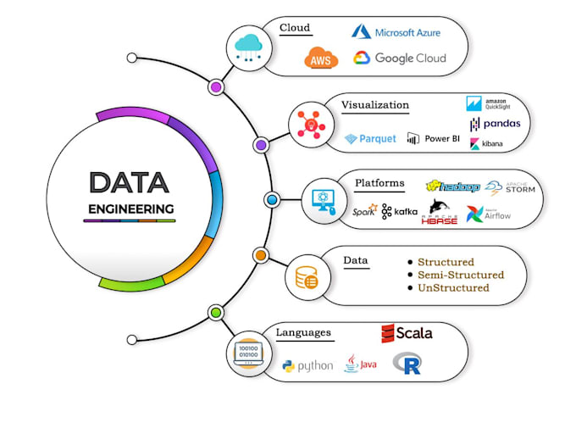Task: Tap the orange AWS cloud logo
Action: [322, 58]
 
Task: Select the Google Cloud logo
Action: [399, 58]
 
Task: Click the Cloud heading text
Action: [296, 28]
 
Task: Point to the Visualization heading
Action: [375, 106]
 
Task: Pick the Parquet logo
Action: [371, 139]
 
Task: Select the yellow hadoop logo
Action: [452, 186]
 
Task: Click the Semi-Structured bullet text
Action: [460, 275]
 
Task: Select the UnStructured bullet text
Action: [453, 288]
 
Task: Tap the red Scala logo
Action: [407, 332]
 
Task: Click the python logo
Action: [307, 366]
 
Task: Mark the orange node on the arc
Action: [261, 254]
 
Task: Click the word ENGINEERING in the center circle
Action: [130, 208]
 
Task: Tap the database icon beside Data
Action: [306, 276]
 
